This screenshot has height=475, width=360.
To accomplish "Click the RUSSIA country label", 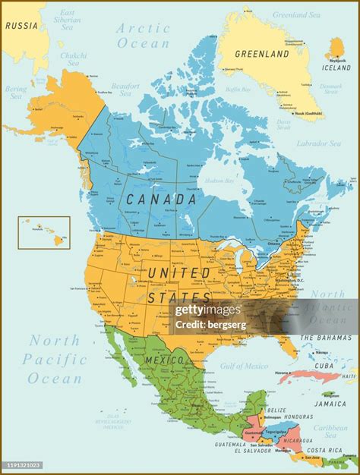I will coord(21,25).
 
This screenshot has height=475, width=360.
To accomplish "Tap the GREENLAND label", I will coord(262,54).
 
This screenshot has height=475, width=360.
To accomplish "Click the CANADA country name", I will coord(162,200).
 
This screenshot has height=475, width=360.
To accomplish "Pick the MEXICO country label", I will coord(165,359).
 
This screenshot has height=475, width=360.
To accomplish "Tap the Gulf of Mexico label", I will coord(245,366).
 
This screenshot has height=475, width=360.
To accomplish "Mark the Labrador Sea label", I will coord(317,142).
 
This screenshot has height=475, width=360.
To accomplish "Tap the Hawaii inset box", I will coord(44,233).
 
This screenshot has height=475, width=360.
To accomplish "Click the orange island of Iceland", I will coord(336,49).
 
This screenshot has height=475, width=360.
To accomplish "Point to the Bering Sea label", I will coord(16,93).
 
